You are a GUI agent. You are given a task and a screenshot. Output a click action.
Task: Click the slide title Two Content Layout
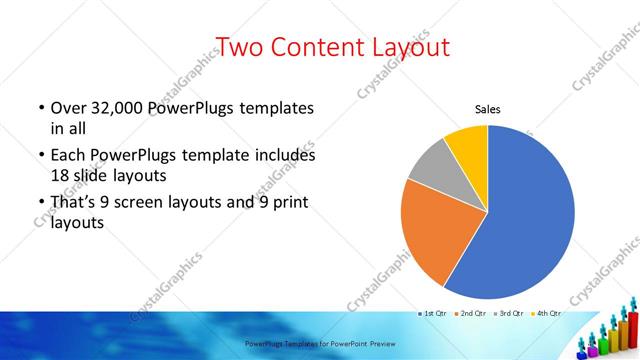point(333,46)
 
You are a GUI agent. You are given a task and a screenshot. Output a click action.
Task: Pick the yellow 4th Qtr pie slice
point(468,142)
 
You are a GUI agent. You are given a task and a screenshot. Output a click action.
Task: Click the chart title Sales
point(487,110)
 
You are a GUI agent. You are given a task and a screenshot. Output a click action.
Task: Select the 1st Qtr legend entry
point(432,313)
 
